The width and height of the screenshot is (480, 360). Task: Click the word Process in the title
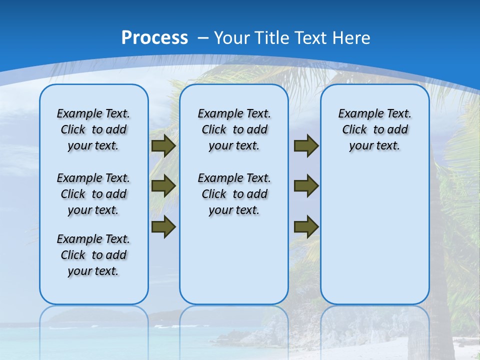(154, 38)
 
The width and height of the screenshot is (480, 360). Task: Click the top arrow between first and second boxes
(163, 146)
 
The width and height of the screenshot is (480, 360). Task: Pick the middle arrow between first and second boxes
(163, 186)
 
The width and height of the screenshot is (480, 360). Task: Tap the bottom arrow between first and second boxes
(163, 226)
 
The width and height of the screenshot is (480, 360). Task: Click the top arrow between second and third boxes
(306, 146)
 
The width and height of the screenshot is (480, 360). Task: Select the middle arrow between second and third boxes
(306, 186)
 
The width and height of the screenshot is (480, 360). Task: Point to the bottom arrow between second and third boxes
(306, 226)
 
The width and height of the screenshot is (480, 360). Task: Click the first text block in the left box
(93, 129)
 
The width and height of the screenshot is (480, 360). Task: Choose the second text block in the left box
(93, 194)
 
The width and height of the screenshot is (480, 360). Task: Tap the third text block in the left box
(93, 255)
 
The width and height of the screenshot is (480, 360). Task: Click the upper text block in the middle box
(234, 129)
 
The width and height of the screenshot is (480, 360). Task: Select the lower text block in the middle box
(234, 194)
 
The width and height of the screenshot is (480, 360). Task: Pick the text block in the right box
(375, 129)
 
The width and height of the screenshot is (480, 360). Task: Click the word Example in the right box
(358, 114)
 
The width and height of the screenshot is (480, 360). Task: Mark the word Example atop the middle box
(217, 114)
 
